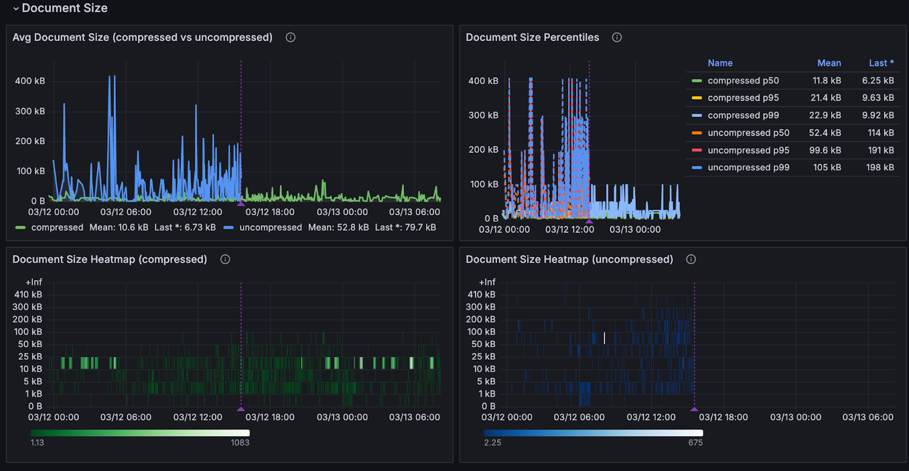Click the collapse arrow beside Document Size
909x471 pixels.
pos(16,9)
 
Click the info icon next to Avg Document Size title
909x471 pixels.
pos(290,37)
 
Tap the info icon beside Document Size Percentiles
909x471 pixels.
pos(616,37)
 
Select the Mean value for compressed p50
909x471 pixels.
pos(827,81)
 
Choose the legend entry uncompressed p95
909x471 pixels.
pos(748,151)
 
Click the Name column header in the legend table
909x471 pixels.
pos(720,63)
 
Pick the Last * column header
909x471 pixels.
pos(881,63)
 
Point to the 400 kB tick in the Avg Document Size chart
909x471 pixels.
pos(30,81)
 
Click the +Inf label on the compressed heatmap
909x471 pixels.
pos(34,282)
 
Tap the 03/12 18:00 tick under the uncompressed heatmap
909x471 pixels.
pos(723,417)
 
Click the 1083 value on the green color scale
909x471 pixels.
pos(240,443)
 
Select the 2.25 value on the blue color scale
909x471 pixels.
pos(493,443)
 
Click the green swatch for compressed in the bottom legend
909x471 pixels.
pos(20,227)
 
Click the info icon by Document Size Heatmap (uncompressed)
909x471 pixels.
pos(691,260)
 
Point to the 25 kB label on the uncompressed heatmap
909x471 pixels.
pos(483,357)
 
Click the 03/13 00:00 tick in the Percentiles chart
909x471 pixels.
pos(635,230)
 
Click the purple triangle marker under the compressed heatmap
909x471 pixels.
pos(241,409)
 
